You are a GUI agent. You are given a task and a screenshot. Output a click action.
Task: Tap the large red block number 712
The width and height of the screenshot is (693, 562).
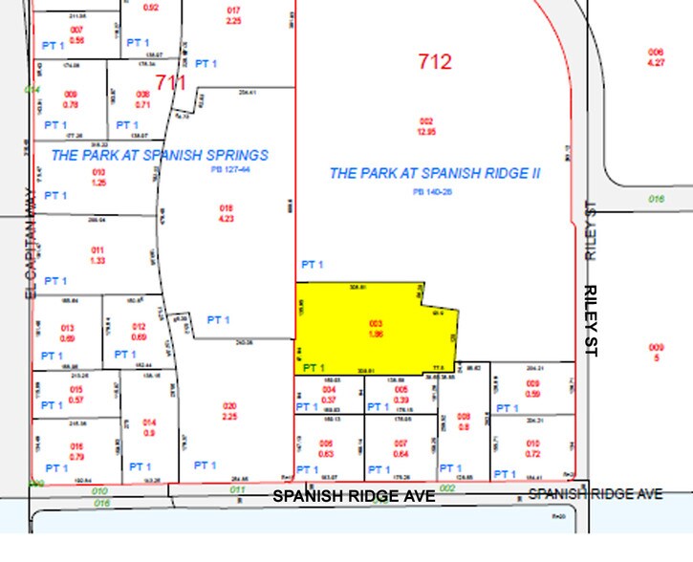click(434, 63)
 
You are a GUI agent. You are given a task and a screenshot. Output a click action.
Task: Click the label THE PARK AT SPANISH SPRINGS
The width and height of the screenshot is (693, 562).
click(160, 155)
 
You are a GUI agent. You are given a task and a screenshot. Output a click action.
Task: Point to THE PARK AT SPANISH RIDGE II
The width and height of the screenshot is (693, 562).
click(435, 173)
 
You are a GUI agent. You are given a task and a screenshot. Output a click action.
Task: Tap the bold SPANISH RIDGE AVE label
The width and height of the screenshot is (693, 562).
click(354, 496)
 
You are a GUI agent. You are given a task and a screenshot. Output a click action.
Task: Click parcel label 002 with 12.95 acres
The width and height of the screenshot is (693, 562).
click(426, 125)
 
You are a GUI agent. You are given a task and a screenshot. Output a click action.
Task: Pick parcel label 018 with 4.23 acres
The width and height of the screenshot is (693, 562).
click(227, 211)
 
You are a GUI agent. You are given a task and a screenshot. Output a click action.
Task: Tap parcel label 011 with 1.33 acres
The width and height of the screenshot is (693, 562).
click(70, 253)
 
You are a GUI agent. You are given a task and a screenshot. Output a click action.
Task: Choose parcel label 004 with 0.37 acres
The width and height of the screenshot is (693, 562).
click(330, 394)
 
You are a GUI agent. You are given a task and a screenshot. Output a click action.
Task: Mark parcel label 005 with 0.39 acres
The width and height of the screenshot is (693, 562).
click(401, 394)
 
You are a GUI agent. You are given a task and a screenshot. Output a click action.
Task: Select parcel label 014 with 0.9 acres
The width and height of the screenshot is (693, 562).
click(149, 427)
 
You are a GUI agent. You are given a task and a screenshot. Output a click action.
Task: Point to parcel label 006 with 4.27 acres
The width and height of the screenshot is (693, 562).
click(655, 56)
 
